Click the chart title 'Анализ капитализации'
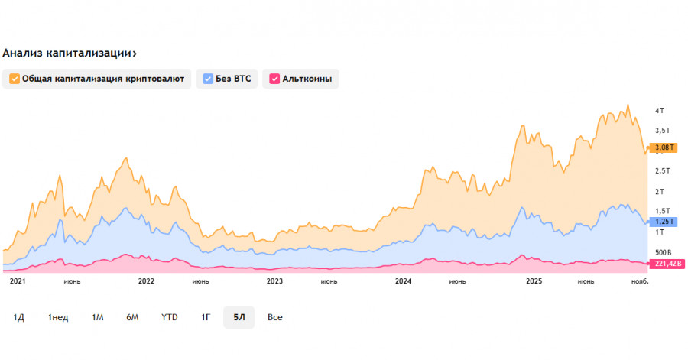[x=69, y=54]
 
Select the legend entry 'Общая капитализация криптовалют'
[x=97, y=79]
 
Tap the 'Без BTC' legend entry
[x=227, y=79]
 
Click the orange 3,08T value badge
[x=663, y=148]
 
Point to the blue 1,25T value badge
[x=663, y=222]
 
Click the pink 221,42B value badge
[x=666, y=264]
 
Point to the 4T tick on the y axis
[x=660, y=112]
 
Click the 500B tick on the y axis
[x=663, y=252]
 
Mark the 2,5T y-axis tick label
[x=662, y=170]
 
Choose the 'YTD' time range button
[x=170, y=317]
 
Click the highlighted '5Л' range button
[x=239, y=317]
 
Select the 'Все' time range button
[x=275, y=317]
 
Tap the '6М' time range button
[x=132, y=317]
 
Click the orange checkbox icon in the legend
[x=15, y=79]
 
